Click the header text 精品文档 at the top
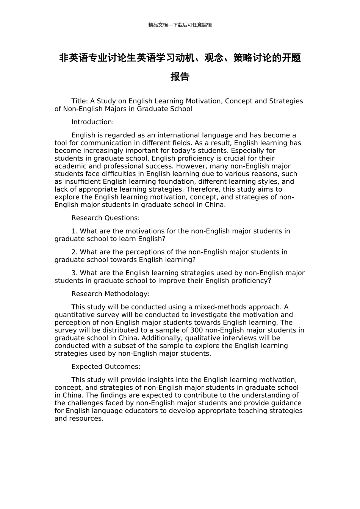[x=158, y=25]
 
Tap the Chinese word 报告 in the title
[x=180, y=77]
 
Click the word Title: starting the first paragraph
[x=80, y=101]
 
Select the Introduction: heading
[x=92, y=122]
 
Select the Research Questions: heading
[x=105, y=218]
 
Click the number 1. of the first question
[x=75, y=231]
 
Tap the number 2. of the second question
[x=75, y=252]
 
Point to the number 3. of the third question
[x=75, y=273]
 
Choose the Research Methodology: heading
[x=110, y=294]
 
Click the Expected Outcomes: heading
[x=106, y=366]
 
